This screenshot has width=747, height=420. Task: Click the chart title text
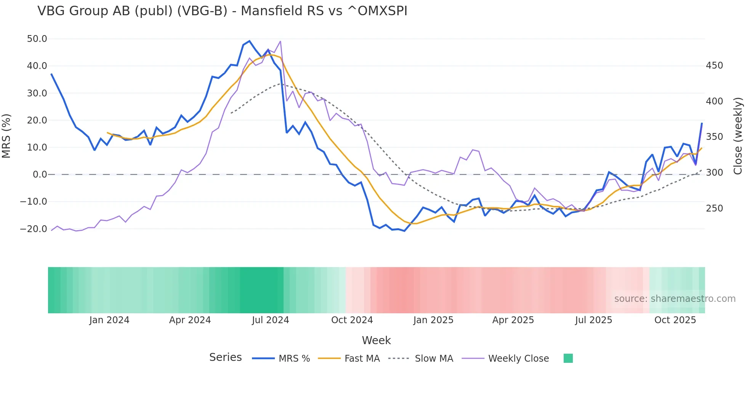tap(222, 11)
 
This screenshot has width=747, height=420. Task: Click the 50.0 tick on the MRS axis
tap(37, 39)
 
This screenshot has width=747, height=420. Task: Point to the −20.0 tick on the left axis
tap(34, 229)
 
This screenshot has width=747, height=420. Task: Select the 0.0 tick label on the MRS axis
tap(40, 175)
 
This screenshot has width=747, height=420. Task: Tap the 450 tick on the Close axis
tap(714, 66)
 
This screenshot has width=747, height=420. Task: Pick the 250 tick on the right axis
tap(714, 208)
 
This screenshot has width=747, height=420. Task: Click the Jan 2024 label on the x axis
tap(109, 320)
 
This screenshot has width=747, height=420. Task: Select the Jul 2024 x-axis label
tap(270, 320)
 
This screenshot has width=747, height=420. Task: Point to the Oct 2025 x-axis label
tap(675, 320)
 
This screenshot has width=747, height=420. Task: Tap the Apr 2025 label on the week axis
tap(513, 320)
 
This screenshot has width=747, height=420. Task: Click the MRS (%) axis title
tap(6, 136)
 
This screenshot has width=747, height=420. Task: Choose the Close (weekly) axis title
tap(738, 136)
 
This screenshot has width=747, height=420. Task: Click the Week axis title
tap(376, 340)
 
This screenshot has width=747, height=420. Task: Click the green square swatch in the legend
tap(568, 358)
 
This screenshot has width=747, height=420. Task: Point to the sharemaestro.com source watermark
tap(675, 299)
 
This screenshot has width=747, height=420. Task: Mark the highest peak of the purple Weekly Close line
tap(281, 41)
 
